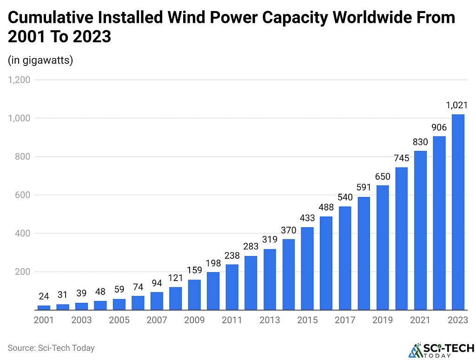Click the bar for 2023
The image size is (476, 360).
(x=458, y=212)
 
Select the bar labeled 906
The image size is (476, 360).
(x=439, y=223)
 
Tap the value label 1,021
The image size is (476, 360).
(x=456, y=105)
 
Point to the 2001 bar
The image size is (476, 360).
(x=44, y=308)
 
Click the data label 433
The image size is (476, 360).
(x=307, y=218)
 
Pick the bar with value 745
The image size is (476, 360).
(x=402, y=238)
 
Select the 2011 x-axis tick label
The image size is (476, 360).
(x=232, y=321)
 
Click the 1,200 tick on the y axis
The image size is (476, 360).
(x=19, y=80)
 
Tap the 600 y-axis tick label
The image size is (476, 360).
(x=22, y=195)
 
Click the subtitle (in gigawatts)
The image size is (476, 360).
(x=40, y=60)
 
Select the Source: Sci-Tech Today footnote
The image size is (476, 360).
(x=51, y=347)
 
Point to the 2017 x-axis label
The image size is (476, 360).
(x=345, y=321)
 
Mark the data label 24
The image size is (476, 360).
(x=44, y=296)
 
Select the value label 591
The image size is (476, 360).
(x=364, y=187)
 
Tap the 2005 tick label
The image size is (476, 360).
(x=119, y=321)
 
